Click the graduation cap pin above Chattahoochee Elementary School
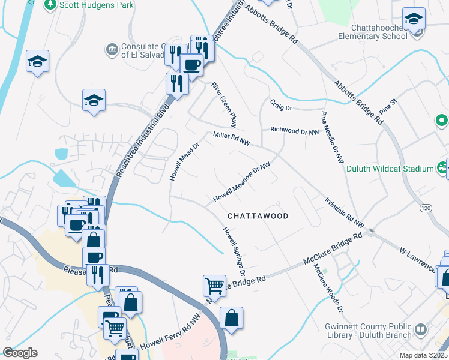414,19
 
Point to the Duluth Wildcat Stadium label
390,169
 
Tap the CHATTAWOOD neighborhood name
258,216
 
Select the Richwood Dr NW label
294,129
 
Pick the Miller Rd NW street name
231,139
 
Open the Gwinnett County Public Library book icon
421,330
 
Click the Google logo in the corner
20,353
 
